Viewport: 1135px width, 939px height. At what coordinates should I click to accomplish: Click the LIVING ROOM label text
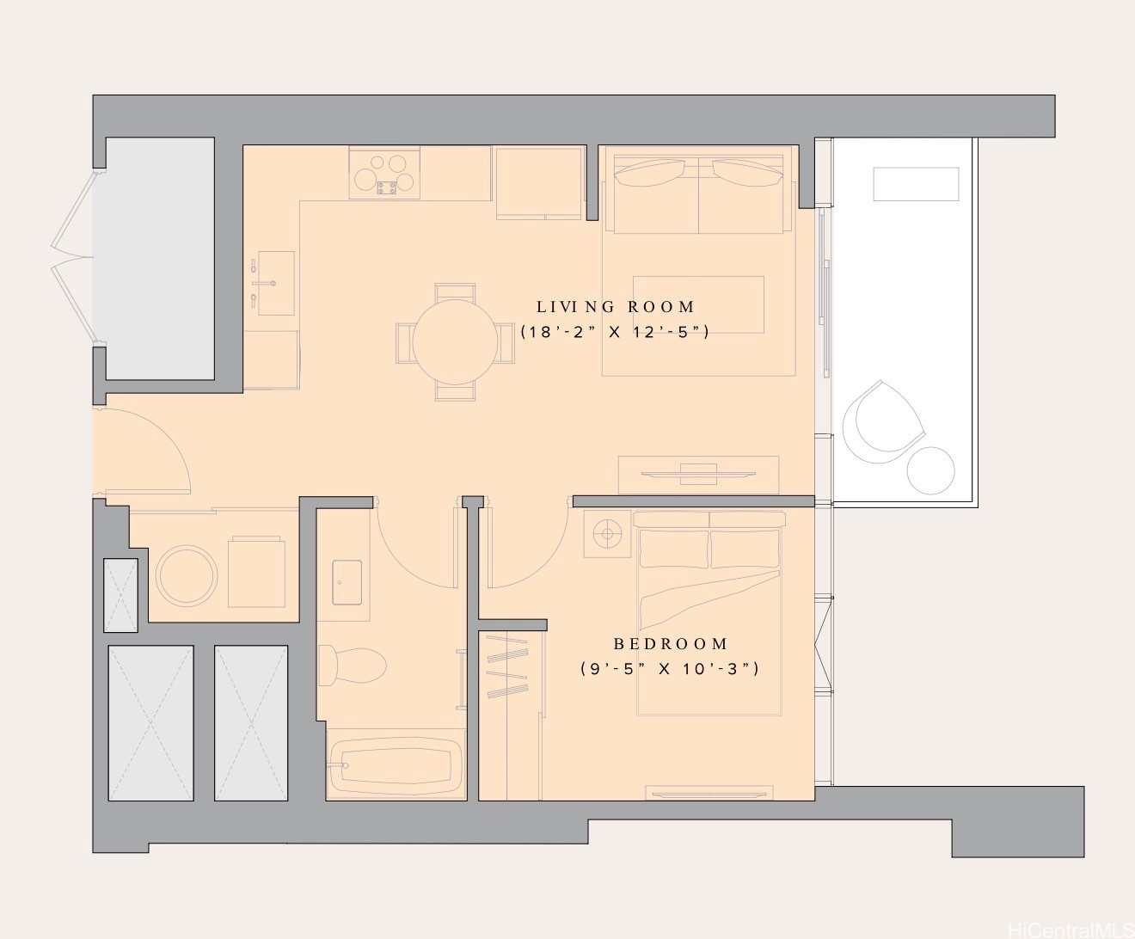[615, 307]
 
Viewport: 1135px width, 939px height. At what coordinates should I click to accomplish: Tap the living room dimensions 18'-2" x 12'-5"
[615, 332]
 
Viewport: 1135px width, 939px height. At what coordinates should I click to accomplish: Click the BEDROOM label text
[671, 644]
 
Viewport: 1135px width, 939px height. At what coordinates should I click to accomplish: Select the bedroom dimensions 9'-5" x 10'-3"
[670, 668]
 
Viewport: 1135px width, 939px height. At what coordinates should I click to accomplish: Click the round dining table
[456, 341]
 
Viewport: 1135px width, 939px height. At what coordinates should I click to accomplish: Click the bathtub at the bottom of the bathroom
[396, 765]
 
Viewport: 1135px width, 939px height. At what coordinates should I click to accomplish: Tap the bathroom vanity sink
[347, 582]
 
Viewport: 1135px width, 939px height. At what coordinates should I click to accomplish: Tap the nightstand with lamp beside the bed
[608, 534]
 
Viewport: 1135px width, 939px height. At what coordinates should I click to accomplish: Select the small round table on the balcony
[930, 470]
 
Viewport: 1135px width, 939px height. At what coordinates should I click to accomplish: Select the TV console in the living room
[698, 474]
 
